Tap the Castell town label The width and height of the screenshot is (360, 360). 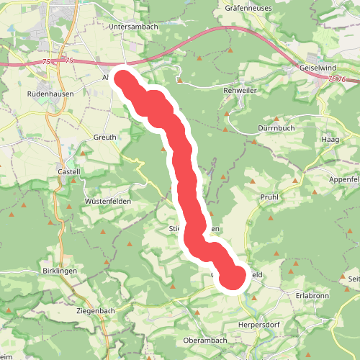point(69,171)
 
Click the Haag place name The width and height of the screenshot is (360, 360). point(330,138)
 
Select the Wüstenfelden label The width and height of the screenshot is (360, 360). point(108,201)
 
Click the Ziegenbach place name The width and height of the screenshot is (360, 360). point(95,310)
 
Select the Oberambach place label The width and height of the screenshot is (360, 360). point(206,341)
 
